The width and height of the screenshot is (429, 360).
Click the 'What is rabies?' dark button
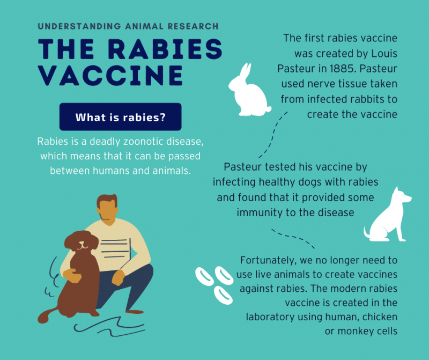pyautogui.click(x=120, y=117)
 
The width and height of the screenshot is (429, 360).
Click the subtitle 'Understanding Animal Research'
pyautogui.click(x=128, y=26)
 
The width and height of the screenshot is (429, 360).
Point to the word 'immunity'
pyautogui.click(x=261, y=212)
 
